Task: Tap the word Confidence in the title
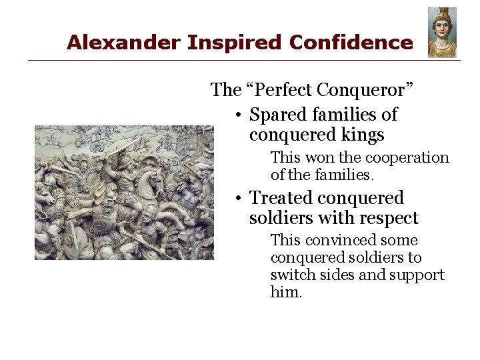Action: [x=351, y=43]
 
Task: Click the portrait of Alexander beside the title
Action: [x=442, y=32]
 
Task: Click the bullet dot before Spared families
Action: [x=238, y=115]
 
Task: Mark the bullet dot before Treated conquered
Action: [x=238, y=199]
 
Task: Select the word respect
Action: [x=387, y=218]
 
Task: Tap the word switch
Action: [x=290, y=275]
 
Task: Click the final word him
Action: [x=286, y=293]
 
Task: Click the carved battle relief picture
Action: [x=124, y=193]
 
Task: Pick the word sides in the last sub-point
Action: [x=335, y=275]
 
